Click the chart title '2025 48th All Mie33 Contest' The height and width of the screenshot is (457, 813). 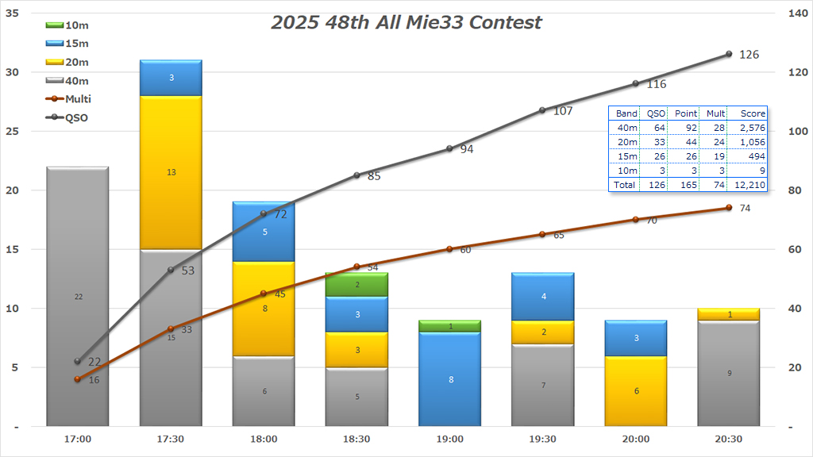pyautogui.click(x=406, y=22)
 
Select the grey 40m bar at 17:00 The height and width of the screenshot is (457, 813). pyautogui.click(x=78, y=296)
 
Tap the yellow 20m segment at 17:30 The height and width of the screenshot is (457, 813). pyautogui.click(x=171, y=171)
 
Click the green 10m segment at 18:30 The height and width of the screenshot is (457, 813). pyautogui.click(x=356, y=284)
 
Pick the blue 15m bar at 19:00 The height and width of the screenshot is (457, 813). pyautogui.click(x=449, y=379)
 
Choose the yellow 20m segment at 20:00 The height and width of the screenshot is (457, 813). pyautogui.click(x=635, y=390)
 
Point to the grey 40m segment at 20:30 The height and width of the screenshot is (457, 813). pyautogui.click(x=728, y=373)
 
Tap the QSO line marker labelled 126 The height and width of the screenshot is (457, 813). pyautogui.click(x=728, y=54)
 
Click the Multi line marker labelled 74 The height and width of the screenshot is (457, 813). pyautogui.click(x=728, y=208)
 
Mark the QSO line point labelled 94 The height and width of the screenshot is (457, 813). pyautogui.click(x=449, y=148)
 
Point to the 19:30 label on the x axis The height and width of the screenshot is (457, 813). pyautogui.click(x=542, y=439)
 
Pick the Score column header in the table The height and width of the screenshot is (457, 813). pyautogui.click(x=747, y=113)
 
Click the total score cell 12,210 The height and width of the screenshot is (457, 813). pyautogui.click(x=747, y=184)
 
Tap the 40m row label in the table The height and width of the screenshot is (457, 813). pyautogui.click(x=626, y=127)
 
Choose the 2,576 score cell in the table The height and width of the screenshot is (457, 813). pyautogui.click(x=747, y=127)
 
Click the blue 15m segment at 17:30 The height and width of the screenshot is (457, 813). pyautogui.click(x=171, y=78)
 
